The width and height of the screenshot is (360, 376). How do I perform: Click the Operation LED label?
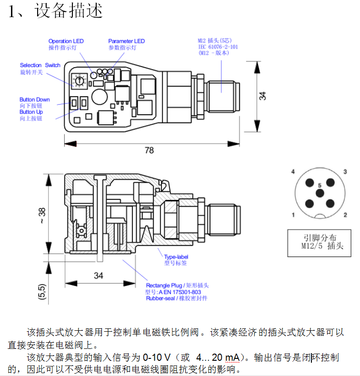coord(66,41)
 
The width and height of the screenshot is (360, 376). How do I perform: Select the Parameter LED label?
coord(126,41)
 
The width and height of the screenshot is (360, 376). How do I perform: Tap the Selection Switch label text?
coord(40,65)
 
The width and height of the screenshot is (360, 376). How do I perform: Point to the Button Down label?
coord(34,100)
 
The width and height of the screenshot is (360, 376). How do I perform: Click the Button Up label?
coord(31,112)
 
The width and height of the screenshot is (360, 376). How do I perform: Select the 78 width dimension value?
coord(149,150)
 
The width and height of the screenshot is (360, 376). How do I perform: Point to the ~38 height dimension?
coord(42,215)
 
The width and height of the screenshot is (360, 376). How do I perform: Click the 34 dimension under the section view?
coord(98,276)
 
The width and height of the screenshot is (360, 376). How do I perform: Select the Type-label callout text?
coord(176,257)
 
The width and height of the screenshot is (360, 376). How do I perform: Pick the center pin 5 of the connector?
coord(320,192)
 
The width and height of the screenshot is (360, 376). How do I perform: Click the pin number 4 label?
coord(293,171)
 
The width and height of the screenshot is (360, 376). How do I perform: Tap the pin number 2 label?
coord(345,215)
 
